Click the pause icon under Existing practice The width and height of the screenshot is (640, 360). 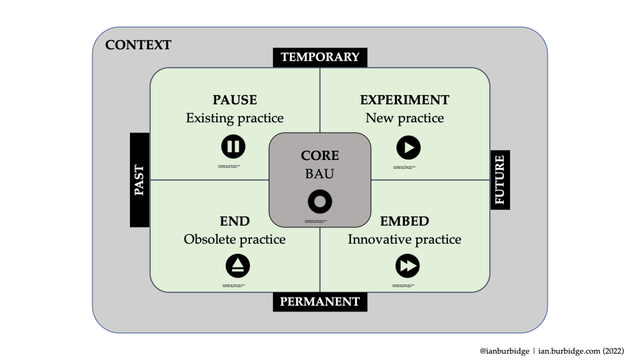pos(233,147)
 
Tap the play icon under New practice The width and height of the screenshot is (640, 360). pos(409,147)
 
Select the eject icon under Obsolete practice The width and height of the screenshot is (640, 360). pos(237,266)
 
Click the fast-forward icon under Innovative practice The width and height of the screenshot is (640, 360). pos(407,266)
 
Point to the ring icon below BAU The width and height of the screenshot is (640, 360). pos(320,201)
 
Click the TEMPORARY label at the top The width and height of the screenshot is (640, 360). pos(320,57)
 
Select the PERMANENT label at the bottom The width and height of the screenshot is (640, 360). pos(320,302)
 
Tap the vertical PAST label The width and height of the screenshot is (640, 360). pos(139,180)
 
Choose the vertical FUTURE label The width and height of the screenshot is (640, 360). pos(500,180)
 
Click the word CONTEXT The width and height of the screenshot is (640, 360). pos(138,45)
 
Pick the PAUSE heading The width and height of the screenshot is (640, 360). pos(234,100)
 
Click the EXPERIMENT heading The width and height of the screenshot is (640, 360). pos(404,100)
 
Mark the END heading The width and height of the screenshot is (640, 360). pos(234,221)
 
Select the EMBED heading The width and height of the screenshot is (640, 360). pos(404,221)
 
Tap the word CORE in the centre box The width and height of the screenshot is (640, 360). pos(320,156)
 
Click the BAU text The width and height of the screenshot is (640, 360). pos(320,173)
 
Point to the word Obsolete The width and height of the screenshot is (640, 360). pos(210,239)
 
